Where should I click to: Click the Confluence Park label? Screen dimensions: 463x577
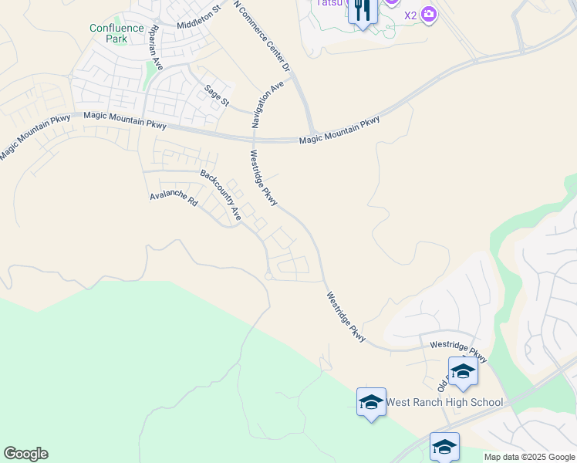coord(116,33)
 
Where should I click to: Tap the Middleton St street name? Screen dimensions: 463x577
coord(198,17)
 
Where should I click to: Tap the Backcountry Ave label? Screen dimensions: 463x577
coord(221,195)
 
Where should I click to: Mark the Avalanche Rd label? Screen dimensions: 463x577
coord(174,198)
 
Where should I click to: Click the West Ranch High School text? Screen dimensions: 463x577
coord(444,402)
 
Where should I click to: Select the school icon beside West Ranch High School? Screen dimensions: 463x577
coord(371,402)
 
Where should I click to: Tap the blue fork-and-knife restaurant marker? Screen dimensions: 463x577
coord(363,11)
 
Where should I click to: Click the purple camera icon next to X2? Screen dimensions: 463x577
coord(430,14)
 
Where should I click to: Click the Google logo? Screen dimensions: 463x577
coord(25,454)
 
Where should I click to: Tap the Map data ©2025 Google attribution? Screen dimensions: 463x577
coord(529,457)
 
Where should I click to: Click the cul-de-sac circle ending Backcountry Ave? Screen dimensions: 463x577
coord(268,275)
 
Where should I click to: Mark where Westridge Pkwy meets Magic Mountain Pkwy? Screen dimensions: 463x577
coord(254,140)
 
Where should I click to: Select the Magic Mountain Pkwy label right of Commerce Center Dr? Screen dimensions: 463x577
coord(339,129)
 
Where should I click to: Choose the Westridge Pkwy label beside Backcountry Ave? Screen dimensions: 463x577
coord(263,178)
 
